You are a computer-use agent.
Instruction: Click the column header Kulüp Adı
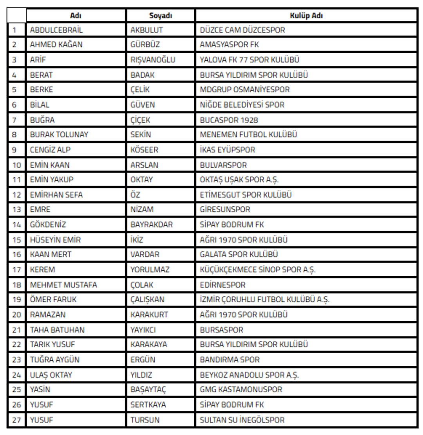tap(306, 16)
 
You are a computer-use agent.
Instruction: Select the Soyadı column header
tap(161, 16)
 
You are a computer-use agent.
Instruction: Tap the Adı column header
tap(76, 16)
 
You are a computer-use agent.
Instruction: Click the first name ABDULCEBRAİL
tap(56, 30)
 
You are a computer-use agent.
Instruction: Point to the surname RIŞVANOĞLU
tap(153, 60)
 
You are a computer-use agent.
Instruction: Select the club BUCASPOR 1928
tap(229, 120)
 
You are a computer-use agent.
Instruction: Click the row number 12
tap(16, 195)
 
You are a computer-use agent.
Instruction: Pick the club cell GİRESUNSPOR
tap(224, 210)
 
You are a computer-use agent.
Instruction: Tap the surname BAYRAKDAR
tap(152, 225)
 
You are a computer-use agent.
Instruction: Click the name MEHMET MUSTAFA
tap(63, 285)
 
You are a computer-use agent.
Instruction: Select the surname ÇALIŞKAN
tap(147, 300)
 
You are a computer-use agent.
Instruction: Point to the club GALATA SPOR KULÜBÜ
tap(239, 255)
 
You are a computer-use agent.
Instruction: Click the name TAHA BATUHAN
tap(57, 330)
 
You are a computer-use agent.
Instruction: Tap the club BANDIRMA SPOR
tap(230, 360)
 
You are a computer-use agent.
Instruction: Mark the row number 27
tap(16, 420)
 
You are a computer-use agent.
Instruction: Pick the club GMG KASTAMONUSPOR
tap(241, 390)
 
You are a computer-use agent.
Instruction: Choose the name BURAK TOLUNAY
tap(59, 135)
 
